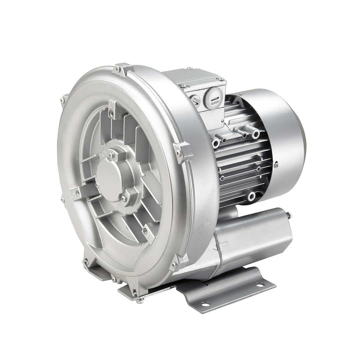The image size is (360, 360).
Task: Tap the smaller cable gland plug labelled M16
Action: [x=195, y=100]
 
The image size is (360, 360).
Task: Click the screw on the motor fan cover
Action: [x=276, y=165]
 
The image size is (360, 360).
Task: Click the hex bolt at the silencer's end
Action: [x=289, y=215]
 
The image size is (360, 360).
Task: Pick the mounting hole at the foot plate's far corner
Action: [x=259, y=284]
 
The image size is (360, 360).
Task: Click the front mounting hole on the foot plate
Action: [x=206, y=304]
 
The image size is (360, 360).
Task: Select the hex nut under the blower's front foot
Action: [x=140, y=300]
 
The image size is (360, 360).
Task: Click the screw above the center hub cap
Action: [x=111, y=155]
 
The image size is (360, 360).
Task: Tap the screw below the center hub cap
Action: [x=124, y=198]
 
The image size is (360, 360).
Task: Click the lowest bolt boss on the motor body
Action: [x=252, y=197]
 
